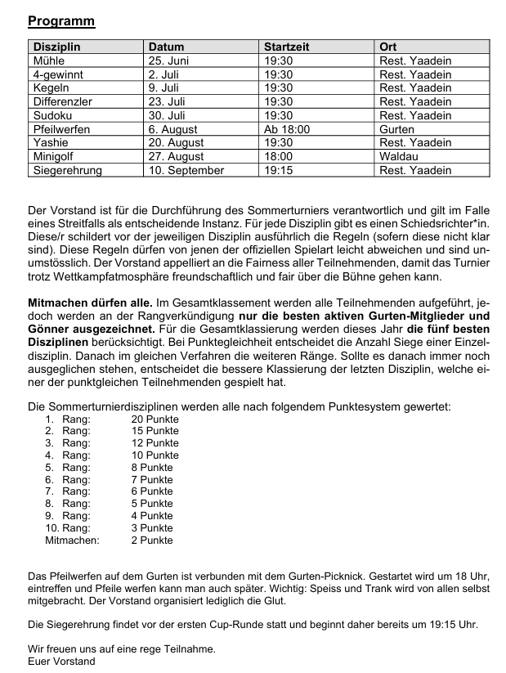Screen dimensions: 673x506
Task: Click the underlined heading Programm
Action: click(x=60, y=21)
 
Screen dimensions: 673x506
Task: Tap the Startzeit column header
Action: click(x=287, y=47)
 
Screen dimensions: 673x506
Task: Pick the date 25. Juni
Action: click(x=169, y=61)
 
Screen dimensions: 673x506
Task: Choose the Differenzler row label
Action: click(x=62, y=102)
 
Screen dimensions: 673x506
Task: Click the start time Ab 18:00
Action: click(x=287, y=129)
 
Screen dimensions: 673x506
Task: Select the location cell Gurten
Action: click(x=397, y=129)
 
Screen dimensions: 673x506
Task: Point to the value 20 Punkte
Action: click(x=154, y=419)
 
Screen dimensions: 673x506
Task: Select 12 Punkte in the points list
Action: click(x=154, y=442)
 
